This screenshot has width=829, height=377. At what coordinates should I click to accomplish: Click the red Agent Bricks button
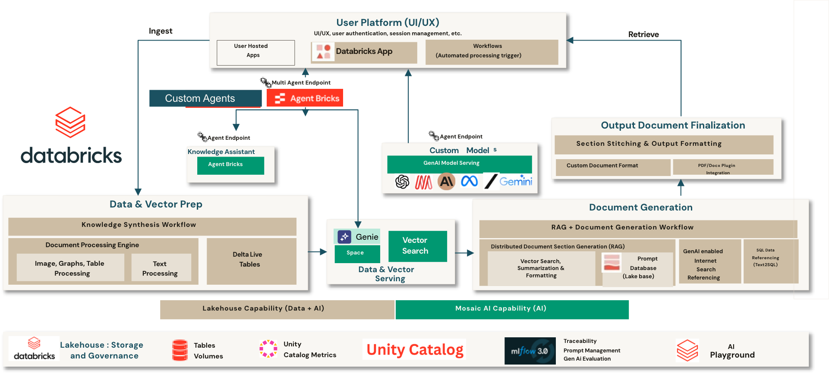[305, 98]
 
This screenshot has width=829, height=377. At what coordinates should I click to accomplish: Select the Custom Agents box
[205, 98]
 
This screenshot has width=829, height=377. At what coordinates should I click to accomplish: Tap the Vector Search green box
[417, 246]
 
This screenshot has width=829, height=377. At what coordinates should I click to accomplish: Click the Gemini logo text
[516, 182]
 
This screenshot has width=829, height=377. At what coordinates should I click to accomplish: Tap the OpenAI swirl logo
[402, 182]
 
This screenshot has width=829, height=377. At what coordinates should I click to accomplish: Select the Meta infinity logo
[469, 181]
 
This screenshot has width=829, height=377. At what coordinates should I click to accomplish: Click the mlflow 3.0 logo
[530, 351]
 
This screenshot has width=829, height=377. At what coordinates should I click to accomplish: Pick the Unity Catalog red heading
[415, 349]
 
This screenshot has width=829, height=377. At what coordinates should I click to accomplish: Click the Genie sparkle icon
[344, 236]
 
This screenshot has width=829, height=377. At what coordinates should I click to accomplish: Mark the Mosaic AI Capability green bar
[512, 309]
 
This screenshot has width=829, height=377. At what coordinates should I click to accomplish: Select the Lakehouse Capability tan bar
[277, 309]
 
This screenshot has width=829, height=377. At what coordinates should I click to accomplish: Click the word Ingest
[161, 31]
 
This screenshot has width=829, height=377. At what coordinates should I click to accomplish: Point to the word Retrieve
[643, 35]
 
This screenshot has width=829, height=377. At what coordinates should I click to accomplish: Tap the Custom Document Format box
[613, 167]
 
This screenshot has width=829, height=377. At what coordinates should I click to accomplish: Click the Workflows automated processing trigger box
[492, 52]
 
